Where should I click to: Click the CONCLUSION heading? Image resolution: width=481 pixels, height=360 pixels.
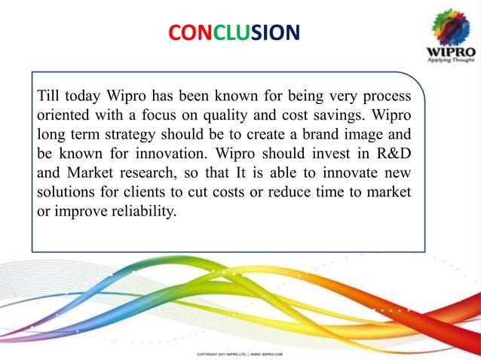(233, 32)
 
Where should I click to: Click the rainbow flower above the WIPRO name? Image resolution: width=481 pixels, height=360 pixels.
(450, 27)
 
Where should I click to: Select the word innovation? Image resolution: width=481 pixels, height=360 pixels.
(164, 154)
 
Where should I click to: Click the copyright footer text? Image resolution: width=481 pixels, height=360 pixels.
(239, 352)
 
